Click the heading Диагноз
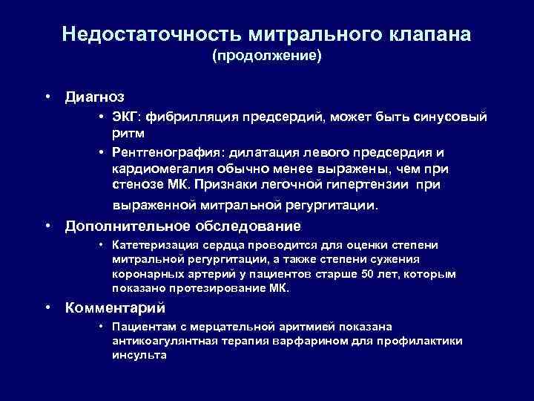click(x=95, y=97)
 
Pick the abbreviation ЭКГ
click(x=126, y=117)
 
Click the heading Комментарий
click(x=115, y=307)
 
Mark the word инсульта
click(x=139, y=355)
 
